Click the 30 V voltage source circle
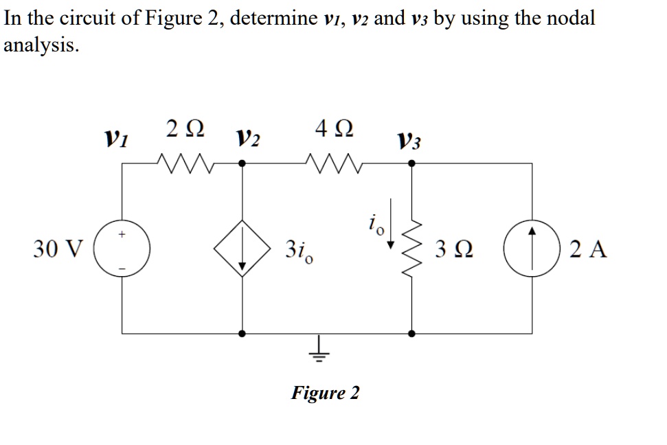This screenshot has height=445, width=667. click(x=123, y=249)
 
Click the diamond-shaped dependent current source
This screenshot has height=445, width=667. click(x=242, y=249)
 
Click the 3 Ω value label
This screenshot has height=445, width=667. click(x=452, y=249)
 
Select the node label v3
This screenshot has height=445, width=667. click(x=410, y=142)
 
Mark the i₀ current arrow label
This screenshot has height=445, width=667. click(x=372, y=224)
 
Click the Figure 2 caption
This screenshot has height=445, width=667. click(x=325, y=393)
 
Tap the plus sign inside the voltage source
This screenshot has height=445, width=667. click(x=122, y=235)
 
